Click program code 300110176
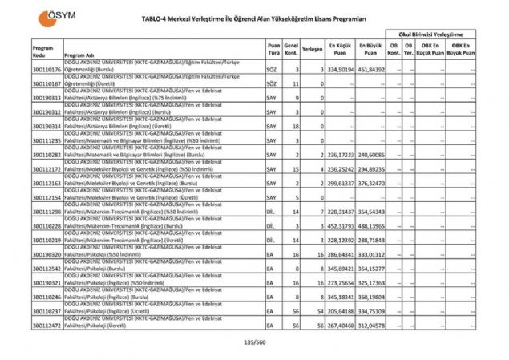click(47, 70)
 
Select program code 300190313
click(47, 99)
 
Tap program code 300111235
click(47, 140)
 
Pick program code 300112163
click(47, 184)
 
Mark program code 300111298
click(47, 212)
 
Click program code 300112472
click(47, 326)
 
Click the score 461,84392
click(372, 70)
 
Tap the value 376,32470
click(372, 184)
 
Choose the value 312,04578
click(372, 326)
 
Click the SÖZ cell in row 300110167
click(272, 83)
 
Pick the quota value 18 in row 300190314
click(295, 127)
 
